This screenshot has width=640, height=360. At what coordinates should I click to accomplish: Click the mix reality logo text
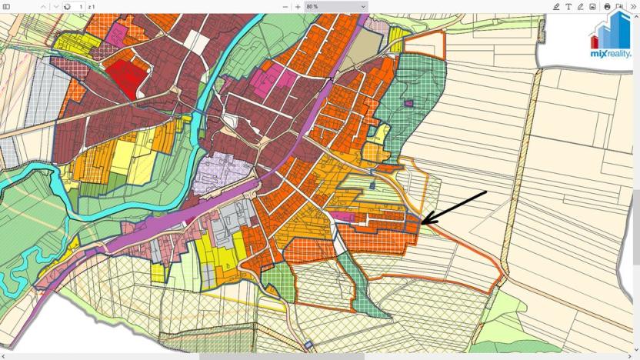(x=610, y=54)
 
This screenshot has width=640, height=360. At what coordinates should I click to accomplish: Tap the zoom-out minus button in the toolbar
(x=285, y=6)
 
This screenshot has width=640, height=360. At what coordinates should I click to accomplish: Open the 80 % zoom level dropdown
(x=336, y=6)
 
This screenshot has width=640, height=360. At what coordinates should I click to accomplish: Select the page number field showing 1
(x=81, y=6)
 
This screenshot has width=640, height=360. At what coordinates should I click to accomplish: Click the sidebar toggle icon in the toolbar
(x=6, y=6)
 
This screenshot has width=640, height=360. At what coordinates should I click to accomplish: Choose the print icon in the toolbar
(x=607, y=6)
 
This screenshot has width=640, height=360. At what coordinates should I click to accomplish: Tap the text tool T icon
(x=568, y=6)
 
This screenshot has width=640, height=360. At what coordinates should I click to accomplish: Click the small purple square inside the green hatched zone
(x=409, y=102)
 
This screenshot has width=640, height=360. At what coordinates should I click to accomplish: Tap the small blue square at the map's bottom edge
(x=308, y=344)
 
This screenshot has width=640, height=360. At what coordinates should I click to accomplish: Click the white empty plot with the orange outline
(x=339, y=244)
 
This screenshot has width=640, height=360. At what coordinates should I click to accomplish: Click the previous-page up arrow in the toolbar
(x=43, y=6)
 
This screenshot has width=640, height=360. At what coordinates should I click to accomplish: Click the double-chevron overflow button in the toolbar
(x=632, y=6)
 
